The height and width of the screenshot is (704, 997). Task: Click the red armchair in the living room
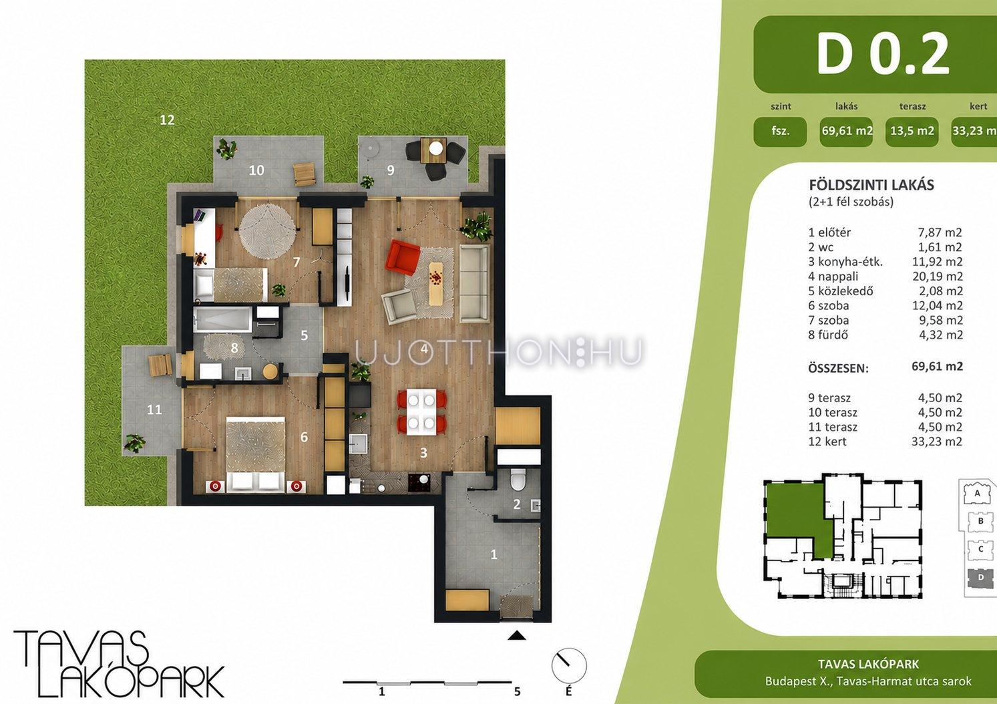tap(404, 258)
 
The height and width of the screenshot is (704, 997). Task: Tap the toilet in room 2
tap(517, 479)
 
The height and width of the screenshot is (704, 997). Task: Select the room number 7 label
tap(296, 262)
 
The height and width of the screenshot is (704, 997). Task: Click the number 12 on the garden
tap(167, 120)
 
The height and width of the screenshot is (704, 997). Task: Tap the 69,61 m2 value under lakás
tap(847, 131)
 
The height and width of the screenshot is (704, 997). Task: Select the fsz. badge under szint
tap(780, 132)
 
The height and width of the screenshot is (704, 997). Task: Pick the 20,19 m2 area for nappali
tap(938, 277)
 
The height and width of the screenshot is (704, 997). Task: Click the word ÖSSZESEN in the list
tap(838, 368)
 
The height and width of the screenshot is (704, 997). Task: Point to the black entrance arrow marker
tap(517, 635)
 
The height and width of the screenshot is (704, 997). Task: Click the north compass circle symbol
tap(569, 666)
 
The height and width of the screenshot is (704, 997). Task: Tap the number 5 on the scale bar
tap(517, 691)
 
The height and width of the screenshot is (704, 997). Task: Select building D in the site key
tap(980, 577)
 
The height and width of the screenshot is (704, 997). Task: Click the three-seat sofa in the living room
tap(475, 283)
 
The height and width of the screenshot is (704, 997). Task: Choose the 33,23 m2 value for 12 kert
tap(937, 442)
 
